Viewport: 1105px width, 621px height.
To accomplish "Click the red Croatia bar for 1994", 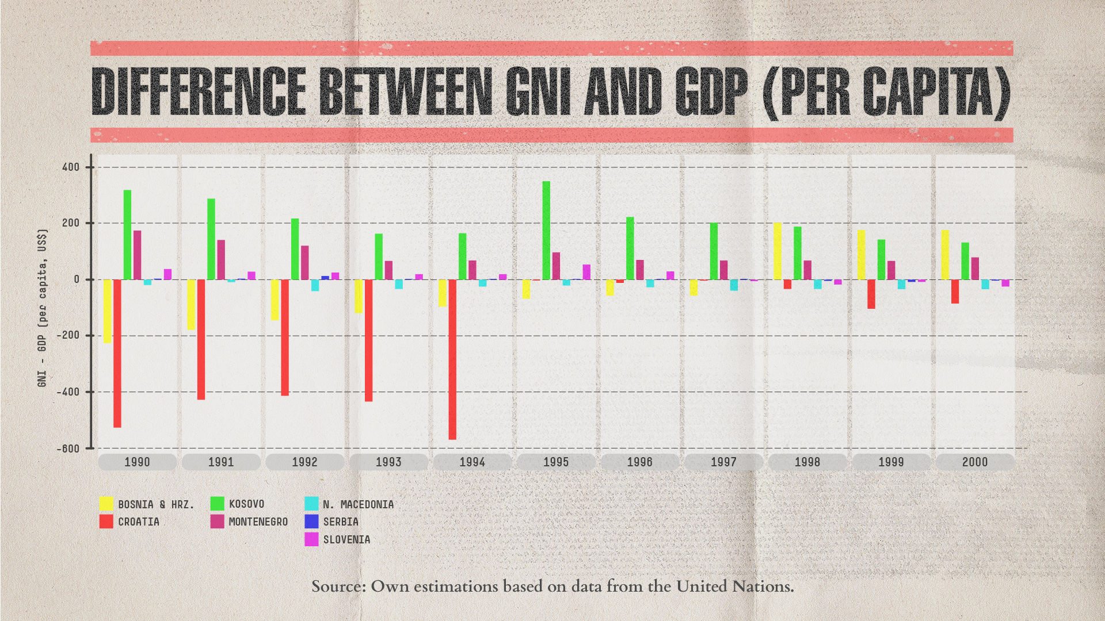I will coord(452,359).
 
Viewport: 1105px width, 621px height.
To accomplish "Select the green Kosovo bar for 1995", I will coord(546,231).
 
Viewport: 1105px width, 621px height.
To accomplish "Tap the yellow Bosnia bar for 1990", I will coord(107,311).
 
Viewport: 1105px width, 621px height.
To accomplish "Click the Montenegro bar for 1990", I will coord(138,255).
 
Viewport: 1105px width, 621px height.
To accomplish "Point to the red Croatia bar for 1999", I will coord(871,294).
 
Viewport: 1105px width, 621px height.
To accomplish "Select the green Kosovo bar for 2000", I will coord(965,261).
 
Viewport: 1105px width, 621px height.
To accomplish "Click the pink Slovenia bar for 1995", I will coord(586,272).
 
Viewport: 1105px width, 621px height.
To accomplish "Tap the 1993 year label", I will coord(388,462).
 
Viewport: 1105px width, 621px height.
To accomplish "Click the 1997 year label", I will coord(723,462).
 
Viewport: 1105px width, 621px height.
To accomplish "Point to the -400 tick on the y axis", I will coord(68,392).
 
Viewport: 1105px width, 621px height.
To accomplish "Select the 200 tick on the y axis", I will coord(71,223).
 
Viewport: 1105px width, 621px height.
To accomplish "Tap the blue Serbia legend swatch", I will coord(311,522).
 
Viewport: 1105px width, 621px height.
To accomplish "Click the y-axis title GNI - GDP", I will coord(43,308).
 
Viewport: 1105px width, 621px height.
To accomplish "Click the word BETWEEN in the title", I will coord(406,91).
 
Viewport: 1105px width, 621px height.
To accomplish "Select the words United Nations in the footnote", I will coord(734,586).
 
